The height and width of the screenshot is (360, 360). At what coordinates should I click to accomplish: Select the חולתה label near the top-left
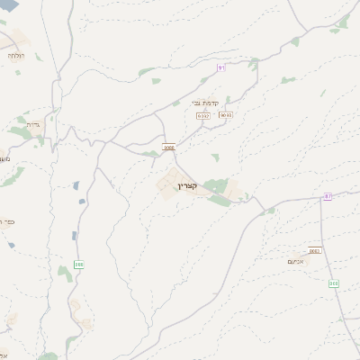click(x=16, y=56)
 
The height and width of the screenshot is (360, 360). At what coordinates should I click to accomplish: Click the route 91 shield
click(x=221, y=68)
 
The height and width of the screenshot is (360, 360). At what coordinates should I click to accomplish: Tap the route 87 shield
click(x=328, y=195)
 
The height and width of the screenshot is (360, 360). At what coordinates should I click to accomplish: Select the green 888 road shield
click(x=78, y=265)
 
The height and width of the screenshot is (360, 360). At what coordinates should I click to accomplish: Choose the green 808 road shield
click(x=334, y=283)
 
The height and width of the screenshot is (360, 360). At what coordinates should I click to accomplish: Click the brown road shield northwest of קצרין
click(x=168, y=147)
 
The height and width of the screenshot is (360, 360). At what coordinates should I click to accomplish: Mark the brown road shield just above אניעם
click(x=313, y=250)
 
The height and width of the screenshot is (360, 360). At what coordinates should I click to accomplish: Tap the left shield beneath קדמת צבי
click(x=203, y=115)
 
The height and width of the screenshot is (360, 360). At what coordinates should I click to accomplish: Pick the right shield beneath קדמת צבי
click(x=225, y=115)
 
